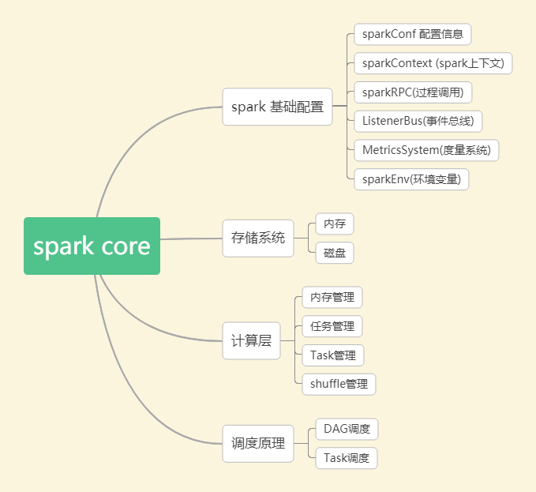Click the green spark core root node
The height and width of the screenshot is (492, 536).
(92, 246)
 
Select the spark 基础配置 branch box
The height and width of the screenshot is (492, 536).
(277, 107)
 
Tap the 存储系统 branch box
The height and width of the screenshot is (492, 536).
(258, 238)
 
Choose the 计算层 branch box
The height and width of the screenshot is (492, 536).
(251, 341)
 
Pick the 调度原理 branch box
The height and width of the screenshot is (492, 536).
(258, 443)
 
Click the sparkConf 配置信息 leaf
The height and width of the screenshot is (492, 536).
(413, 35)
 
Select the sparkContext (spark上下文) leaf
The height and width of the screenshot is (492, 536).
(433, 63)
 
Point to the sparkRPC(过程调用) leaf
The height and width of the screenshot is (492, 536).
(413, 92)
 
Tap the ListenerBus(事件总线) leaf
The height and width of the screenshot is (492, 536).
(418, 121)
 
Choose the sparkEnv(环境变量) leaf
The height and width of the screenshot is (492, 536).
(411, 179)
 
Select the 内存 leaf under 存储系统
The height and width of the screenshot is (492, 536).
(335, 224)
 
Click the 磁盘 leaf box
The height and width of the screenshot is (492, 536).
(335, 254)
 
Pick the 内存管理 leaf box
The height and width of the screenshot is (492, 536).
(332, 298)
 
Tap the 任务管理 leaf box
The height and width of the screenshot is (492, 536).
(332, 326)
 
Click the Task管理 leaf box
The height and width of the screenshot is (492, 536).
(333, 355)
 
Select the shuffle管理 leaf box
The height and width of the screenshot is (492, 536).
(339, 385)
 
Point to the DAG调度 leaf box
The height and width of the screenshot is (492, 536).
(347, 429)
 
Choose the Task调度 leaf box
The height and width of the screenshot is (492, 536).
(347, 458)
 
